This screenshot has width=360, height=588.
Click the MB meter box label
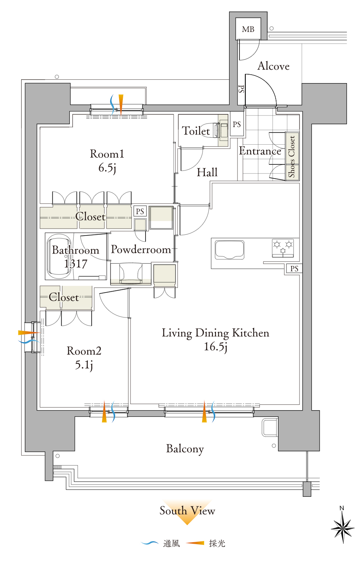click(x=248, y=29)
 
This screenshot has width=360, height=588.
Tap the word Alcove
click(x=273, y=66)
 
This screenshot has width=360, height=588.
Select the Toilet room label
click(x=196, y=131)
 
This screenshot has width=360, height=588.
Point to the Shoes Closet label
click(x=292, y=157)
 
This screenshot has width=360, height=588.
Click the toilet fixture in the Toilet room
click(x=220, y=130)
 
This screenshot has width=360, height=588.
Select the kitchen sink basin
click(x=229, y=250)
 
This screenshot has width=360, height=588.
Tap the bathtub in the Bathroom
click(x=59, y=256)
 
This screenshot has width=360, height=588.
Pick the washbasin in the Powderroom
click(x=131, y=273)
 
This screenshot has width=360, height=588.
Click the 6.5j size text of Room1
click(x=107, y=168)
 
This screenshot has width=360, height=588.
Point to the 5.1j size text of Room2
click(x=84, y=365)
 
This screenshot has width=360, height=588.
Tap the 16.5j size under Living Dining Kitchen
click(x=216, y=346)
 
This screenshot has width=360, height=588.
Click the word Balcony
click(x=185, y=449)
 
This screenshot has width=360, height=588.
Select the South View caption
click(x=187, y=511)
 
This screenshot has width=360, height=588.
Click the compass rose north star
click(x=343, y=528)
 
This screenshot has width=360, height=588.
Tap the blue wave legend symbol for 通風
click(x=149, y=543)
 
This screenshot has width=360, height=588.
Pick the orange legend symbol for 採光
click(x=195, y=543)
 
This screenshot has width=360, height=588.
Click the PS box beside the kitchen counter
click(x=294, y=269)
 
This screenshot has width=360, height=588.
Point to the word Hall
click(x=207, y=172)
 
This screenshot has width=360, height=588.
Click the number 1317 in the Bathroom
click(x=75, y=264)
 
